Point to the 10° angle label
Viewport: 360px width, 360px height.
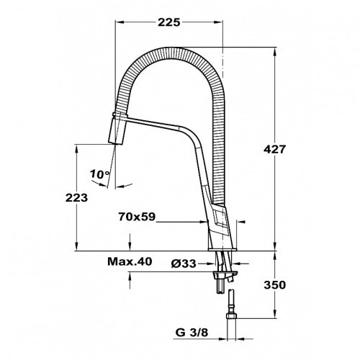click(100, 174)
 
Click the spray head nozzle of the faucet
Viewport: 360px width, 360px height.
click(117, 133)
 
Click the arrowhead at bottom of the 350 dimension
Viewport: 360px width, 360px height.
click(276, 315)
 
